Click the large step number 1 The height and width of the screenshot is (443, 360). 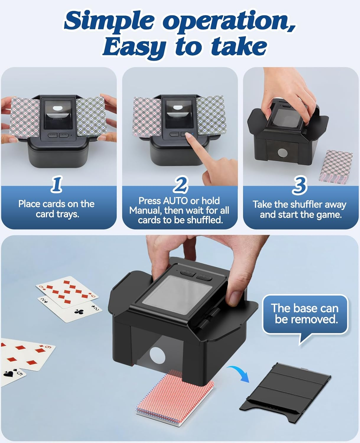tap(57, 184)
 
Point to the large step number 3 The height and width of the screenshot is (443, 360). tap(299, 186)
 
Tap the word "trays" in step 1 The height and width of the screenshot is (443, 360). tap(67, 214)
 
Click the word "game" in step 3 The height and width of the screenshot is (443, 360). tap(328, 214)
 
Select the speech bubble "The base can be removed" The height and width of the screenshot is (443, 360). tap(305, 314)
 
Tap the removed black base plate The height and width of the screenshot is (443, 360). tap(285, 390)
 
